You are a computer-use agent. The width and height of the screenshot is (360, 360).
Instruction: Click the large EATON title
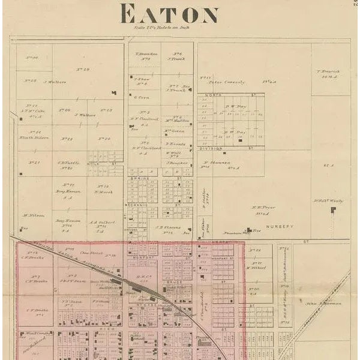point(169,14)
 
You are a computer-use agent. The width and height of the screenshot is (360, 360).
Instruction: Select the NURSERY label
point(282,226)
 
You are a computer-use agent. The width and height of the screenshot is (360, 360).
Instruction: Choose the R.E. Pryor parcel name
point(263,207)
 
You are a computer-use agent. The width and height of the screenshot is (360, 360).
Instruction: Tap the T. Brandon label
point(146,54)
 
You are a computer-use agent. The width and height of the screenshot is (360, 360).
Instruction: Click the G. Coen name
point(142,97)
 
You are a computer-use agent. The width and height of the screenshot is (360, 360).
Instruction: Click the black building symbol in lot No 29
point(113,92)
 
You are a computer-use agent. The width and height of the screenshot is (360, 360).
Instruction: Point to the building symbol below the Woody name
point(333,210)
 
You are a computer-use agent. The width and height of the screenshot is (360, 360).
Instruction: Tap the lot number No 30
point(32,58)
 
